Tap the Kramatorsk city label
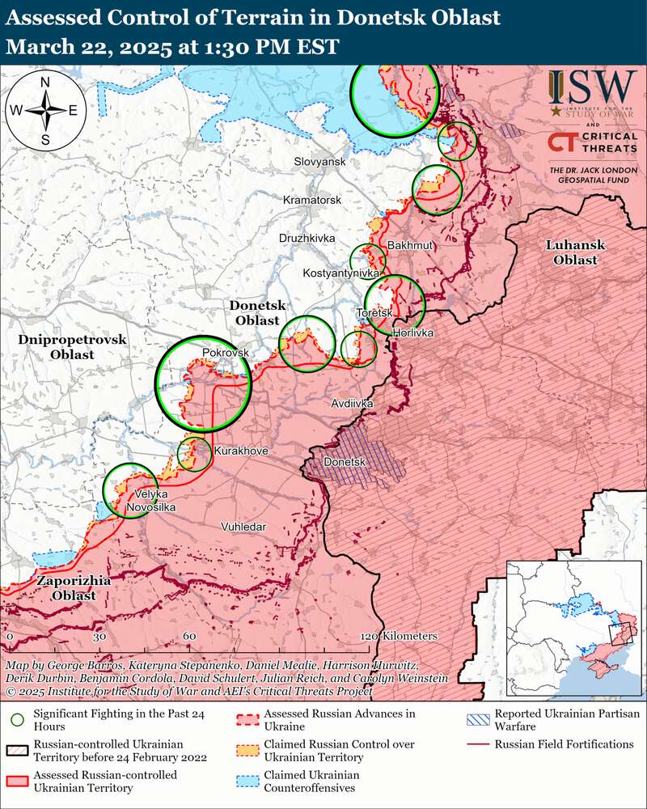tap(312, 200)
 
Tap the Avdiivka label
tap(351, 402)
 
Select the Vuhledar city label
tap(243, 527)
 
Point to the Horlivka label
tap(412, 333)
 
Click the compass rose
tap(46, 110)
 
